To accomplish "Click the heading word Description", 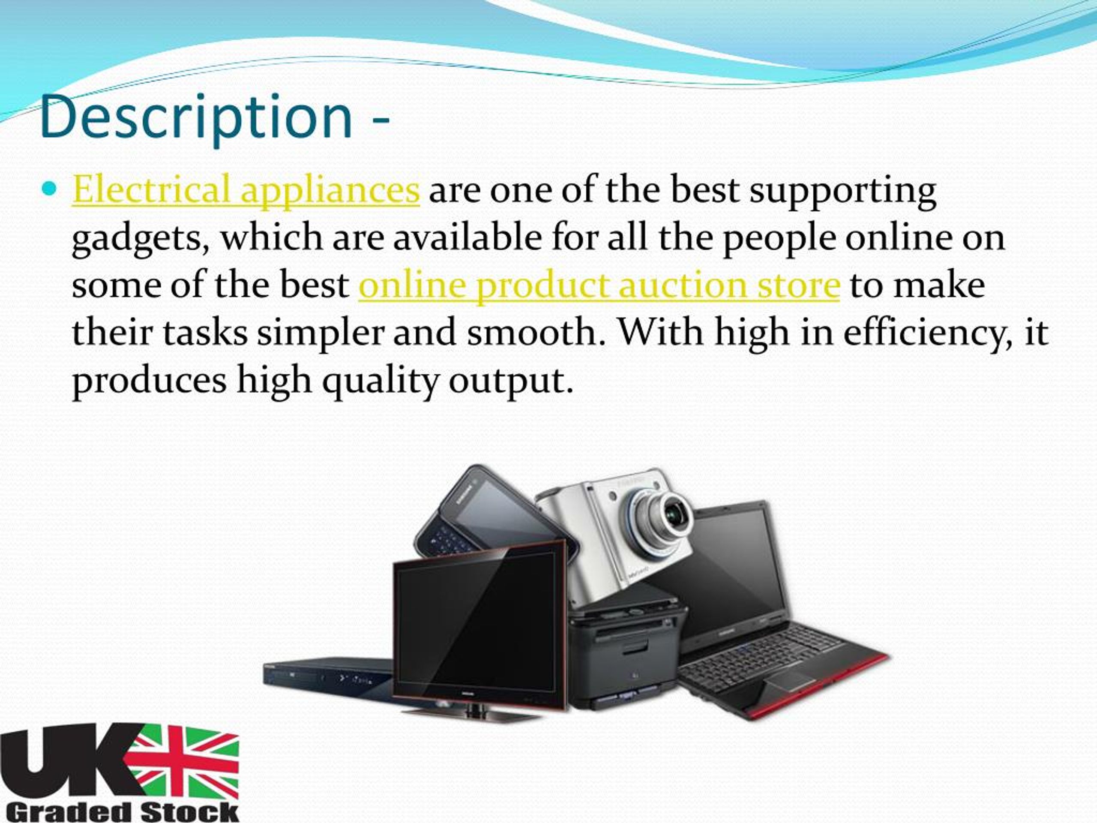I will click(x=196, y=117).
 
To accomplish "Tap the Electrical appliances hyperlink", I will click(x=246, y=189).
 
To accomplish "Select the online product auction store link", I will click(x=599, y=285).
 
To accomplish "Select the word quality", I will click(x=380, y=381).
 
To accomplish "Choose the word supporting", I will click(x=842, y=190).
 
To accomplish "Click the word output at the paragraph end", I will click(x=511, y=381).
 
